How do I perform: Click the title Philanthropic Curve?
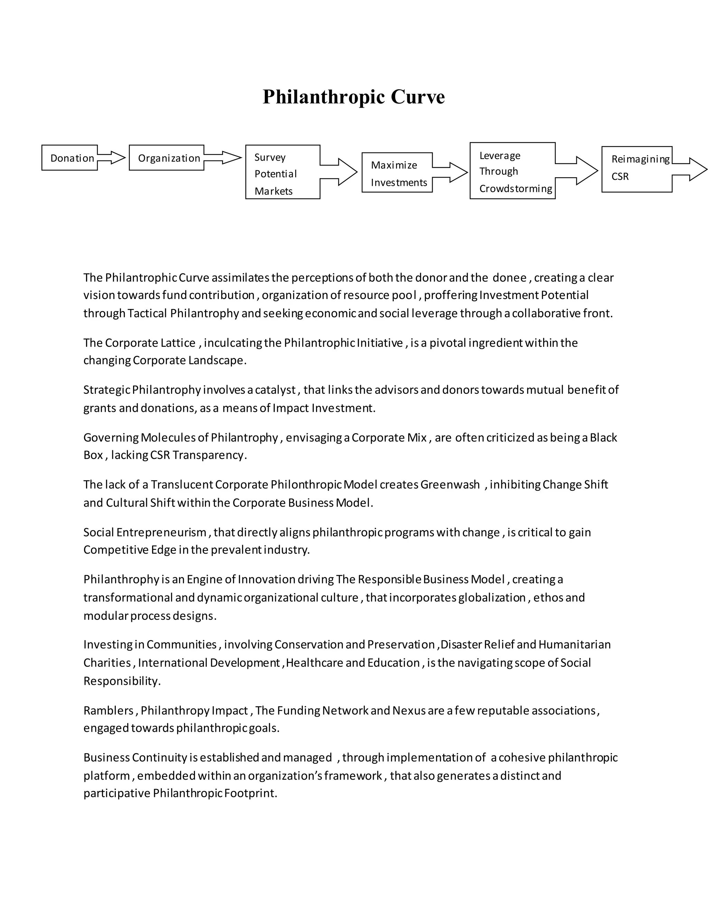[354, 97]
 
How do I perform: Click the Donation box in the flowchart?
[69, 158]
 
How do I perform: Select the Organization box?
[167, 158]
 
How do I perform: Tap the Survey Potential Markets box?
[282, 172]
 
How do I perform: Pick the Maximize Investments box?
[397, 173]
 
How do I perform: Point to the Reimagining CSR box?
[636, 169]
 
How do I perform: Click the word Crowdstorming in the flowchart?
[515, 189]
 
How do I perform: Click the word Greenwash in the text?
[450, 485]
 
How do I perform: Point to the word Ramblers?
[108, 710]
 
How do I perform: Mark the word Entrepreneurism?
[161, 533]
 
